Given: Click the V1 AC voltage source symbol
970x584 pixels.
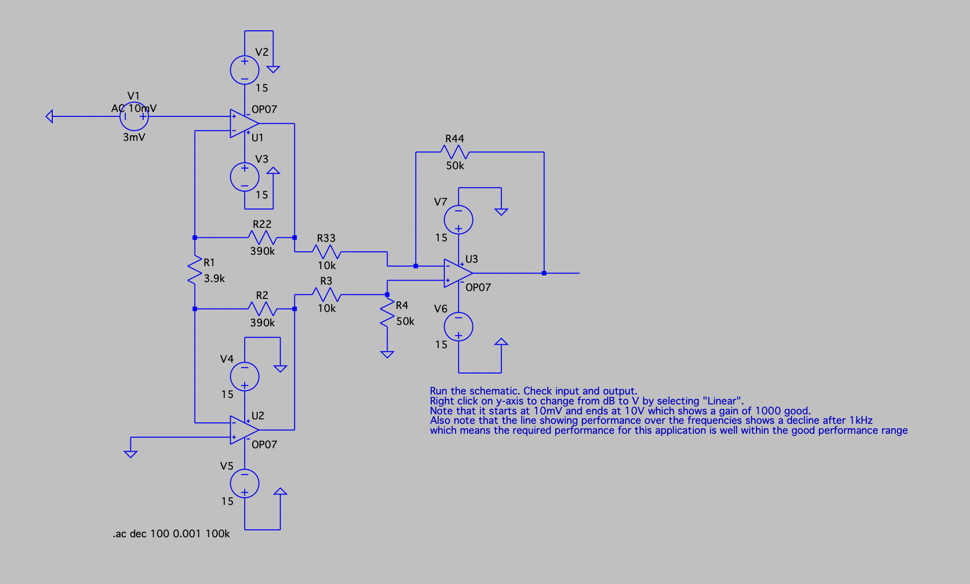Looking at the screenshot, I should [134, 117].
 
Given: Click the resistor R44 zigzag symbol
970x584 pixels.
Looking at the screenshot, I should [455, 152].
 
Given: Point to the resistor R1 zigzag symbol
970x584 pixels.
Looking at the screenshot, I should [194, 271].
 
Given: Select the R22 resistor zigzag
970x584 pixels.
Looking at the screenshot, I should [262, 237].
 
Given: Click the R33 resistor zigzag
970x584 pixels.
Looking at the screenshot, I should [327, 252].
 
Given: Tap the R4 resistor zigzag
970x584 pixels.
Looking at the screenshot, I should [387, 313].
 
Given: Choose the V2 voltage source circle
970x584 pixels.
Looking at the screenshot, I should [244, 70].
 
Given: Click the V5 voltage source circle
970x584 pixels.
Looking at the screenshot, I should [244, 484].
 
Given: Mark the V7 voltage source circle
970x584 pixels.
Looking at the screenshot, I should [458, 219].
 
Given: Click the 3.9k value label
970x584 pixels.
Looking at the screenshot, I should [214, 279].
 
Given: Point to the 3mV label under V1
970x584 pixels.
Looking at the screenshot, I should [134, 137].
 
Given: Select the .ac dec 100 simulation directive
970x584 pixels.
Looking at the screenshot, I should [171, 534].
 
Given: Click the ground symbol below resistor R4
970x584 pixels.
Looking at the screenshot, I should [387, 354].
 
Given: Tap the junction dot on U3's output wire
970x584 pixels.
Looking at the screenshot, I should [544, 273].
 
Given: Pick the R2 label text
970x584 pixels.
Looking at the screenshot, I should [262, 295].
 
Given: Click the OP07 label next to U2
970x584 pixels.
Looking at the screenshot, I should [264, 445].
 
